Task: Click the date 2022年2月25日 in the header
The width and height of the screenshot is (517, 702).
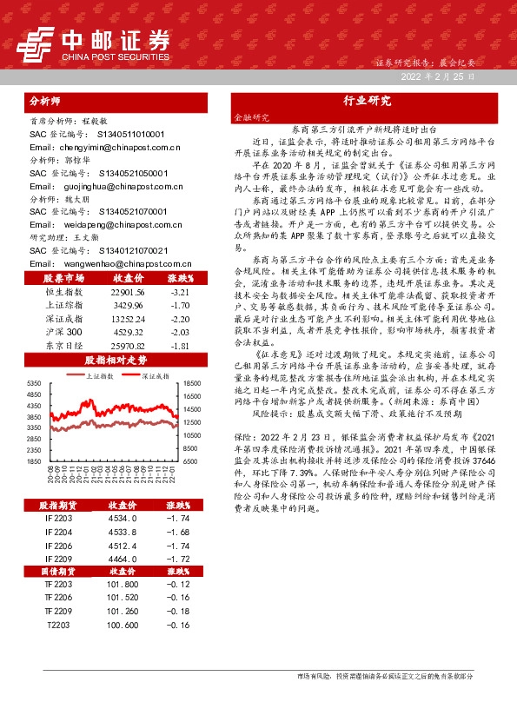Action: (438, 78)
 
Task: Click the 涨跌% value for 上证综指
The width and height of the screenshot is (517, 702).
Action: (179, 307)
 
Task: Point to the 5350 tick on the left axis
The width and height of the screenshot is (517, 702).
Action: (35, 383)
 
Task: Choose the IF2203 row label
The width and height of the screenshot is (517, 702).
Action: (58, 519)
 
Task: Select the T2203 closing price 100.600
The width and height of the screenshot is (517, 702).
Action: (122, 624)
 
